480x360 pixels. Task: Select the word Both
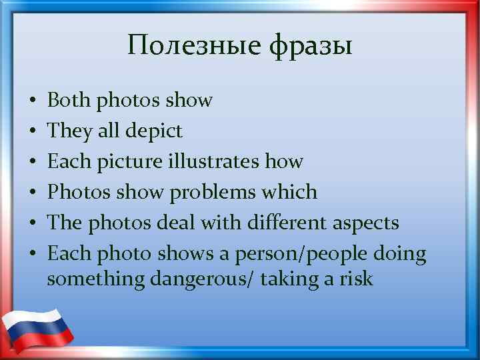click(x=70, y=101)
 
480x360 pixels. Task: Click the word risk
click(x=357, y=279)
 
